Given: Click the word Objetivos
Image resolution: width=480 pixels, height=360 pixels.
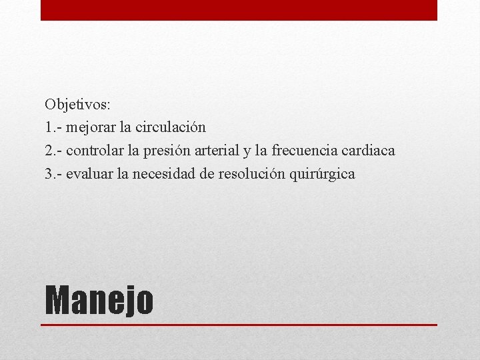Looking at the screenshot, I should pyautogui.click(x=78, y=105).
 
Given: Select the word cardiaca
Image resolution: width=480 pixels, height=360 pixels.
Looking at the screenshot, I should pyautogui.click(x=370, y=151).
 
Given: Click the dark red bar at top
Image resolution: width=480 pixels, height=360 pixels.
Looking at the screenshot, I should pyautogui.click(x=239, y=10).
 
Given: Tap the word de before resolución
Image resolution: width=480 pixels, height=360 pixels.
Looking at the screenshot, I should pyautogui.click(x=207, y=175).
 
